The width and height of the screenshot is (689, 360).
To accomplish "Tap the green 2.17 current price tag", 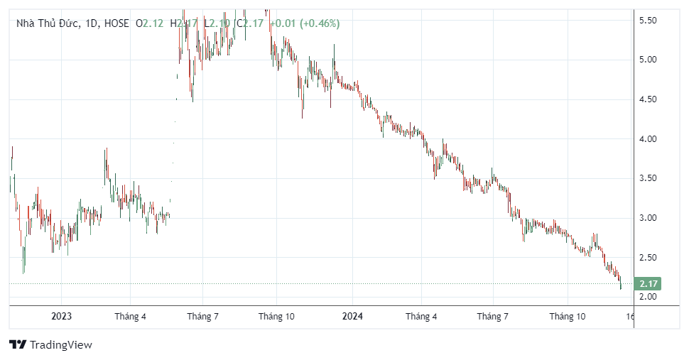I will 649,284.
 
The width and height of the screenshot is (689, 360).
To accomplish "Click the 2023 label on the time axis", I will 61,317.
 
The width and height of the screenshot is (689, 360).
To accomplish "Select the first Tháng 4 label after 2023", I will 130,317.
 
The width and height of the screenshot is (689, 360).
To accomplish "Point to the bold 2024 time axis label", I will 352,317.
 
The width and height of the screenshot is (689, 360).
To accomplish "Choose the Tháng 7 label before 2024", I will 202,317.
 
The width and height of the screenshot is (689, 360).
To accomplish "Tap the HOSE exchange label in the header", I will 116,23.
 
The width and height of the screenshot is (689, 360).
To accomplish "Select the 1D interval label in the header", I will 90,23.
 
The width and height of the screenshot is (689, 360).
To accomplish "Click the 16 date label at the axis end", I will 630,317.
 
